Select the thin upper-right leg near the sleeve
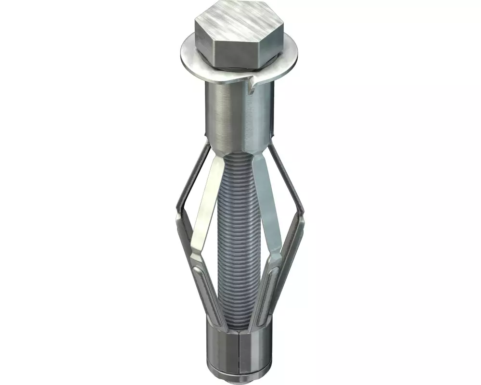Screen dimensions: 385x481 click(x=281, y=168)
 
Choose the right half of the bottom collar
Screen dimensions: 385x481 click(x=255, y=346)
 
